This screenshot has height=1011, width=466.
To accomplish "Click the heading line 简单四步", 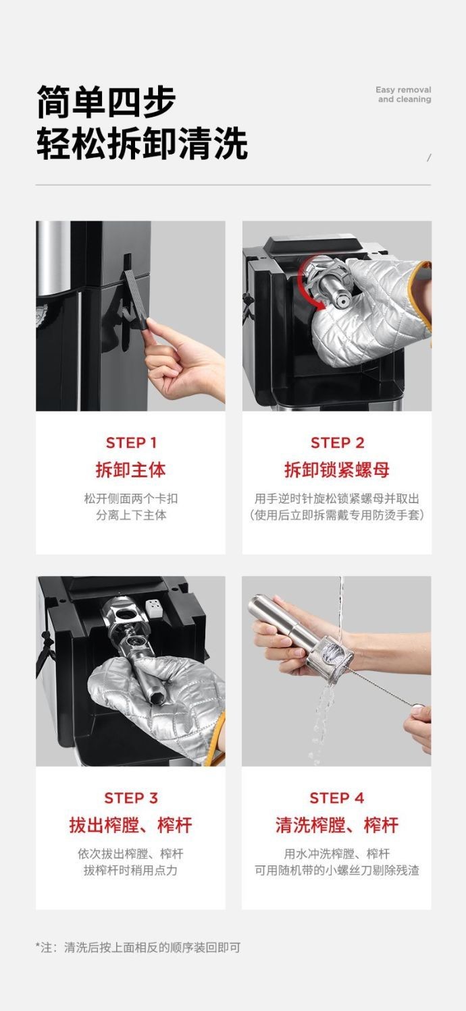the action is point(106,101).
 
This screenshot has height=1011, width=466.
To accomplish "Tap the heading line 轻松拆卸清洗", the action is point(142,143).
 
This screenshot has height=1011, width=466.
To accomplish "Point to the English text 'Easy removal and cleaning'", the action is point(404,94).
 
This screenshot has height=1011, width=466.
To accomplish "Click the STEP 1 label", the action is point(131,442).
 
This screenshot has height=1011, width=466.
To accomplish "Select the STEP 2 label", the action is point(337,442).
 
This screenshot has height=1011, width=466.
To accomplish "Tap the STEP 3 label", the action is point(131,798).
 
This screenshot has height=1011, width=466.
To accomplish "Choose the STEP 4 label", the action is point(337,798).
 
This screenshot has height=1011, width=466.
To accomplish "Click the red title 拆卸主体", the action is point(130,470).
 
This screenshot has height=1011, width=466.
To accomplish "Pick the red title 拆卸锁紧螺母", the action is point(337,470).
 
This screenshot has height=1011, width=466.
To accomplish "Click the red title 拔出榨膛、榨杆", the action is point(130,825).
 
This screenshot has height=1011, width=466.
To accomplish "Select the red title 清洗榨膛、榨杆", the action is point(337,825).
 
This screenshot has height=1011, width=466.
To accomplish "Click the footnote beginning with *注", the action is point(138,948).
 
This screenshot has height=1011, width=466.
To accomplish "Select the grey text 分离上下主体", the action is point(131,515).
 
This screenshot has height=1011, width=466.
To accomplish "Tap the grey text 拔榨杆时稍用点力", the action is point(130,870).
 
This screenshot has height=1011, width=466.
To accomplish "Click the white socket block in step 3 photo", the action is point(155,608).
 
